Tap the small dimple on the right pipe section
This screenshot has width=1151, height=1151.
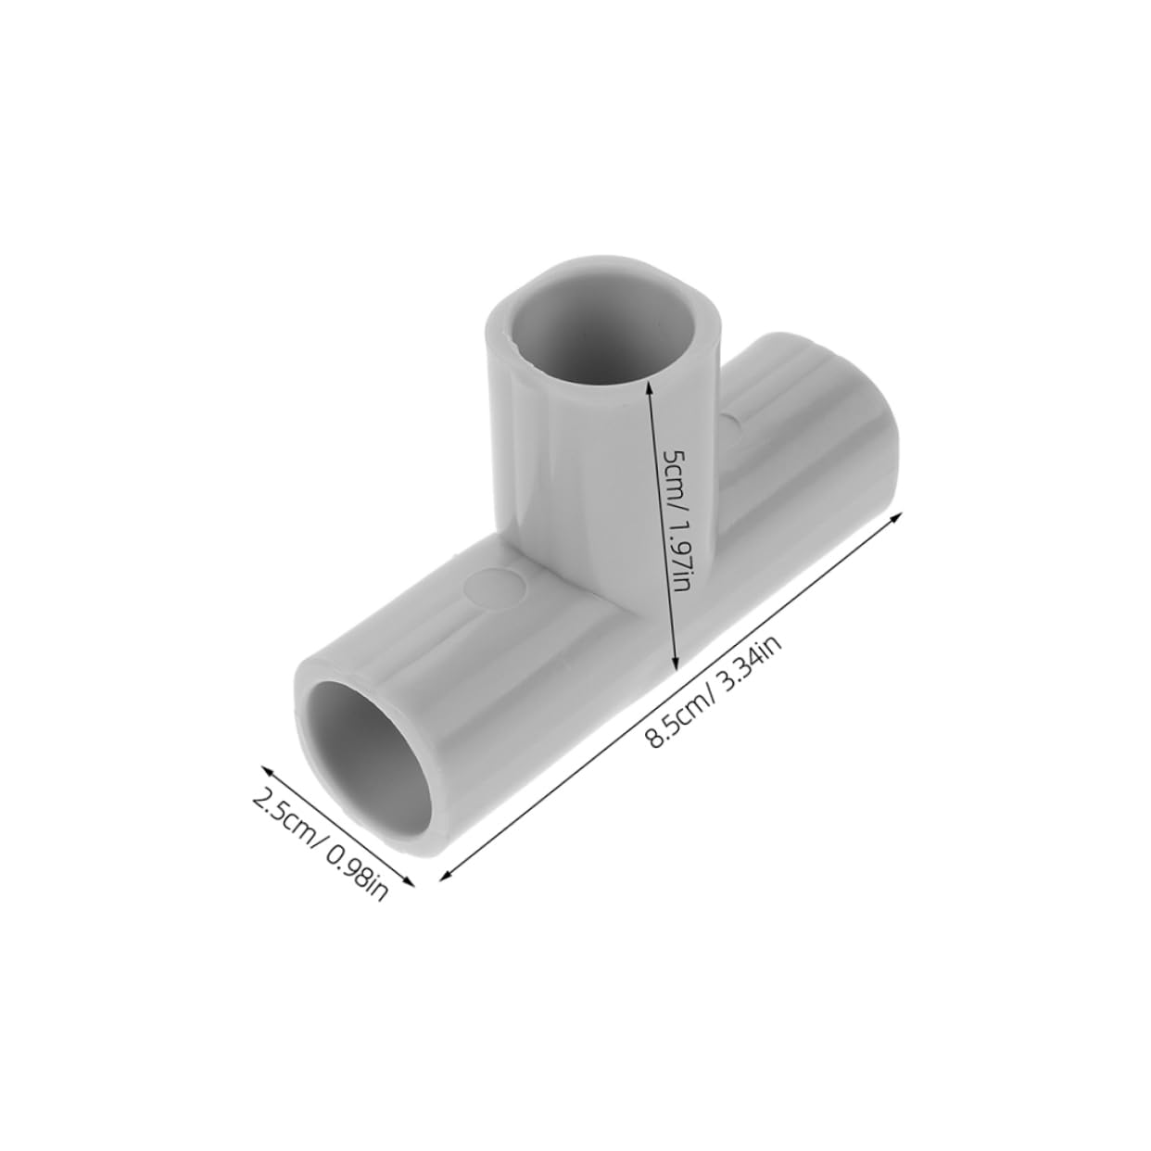tap(734, 424)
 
